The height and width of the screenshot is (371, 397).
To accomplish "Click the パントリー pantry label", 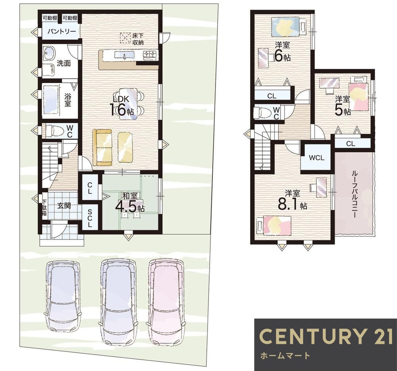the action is [x=62, y=32].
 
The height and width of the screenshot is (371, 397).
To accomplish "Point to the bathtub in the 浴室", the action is [x=52, y=100].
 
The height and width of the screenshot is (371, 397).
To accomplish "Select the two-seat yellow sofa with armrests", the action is [x=102, y=147].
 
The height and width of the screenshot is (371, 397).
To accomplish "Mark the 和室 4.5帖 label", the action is [x=130, y=203].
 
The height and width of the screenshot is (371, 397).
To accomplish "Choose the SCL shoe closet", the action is [x=90, y=218].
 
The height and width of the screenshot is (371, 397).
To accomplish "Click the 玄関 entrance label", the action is [x=64, y=206].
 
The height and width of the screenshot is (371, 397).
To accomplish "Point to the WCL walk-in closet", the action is [x=316, y=158].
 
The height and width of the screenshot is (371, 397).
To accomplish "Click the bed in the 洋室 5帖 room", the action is [x=358, y=94].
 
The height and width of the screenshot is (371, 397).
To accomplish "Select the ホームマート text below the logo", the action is [x=285, y=356].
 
